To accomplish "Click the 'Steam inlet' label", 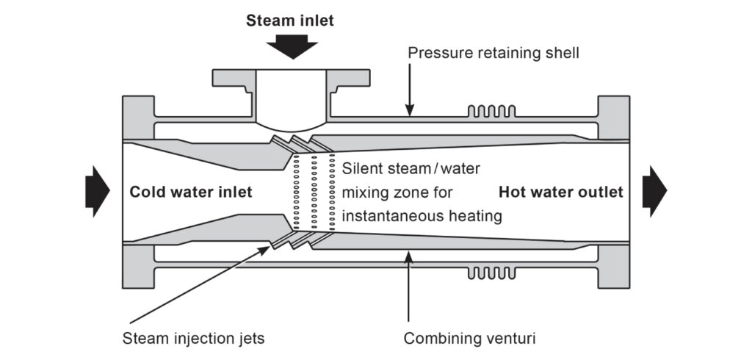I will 289,21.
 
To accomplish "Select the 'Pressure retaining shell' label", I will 493,53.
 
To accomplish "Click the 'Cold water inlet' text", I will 191,192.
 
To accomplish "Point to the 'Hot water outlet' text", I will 561,192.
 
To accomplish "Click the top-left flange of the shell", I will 134,118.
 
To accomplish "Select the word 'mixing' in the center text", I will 365,192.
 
